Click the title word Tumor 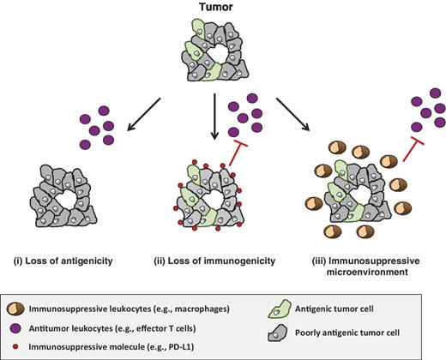[222, 8]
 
